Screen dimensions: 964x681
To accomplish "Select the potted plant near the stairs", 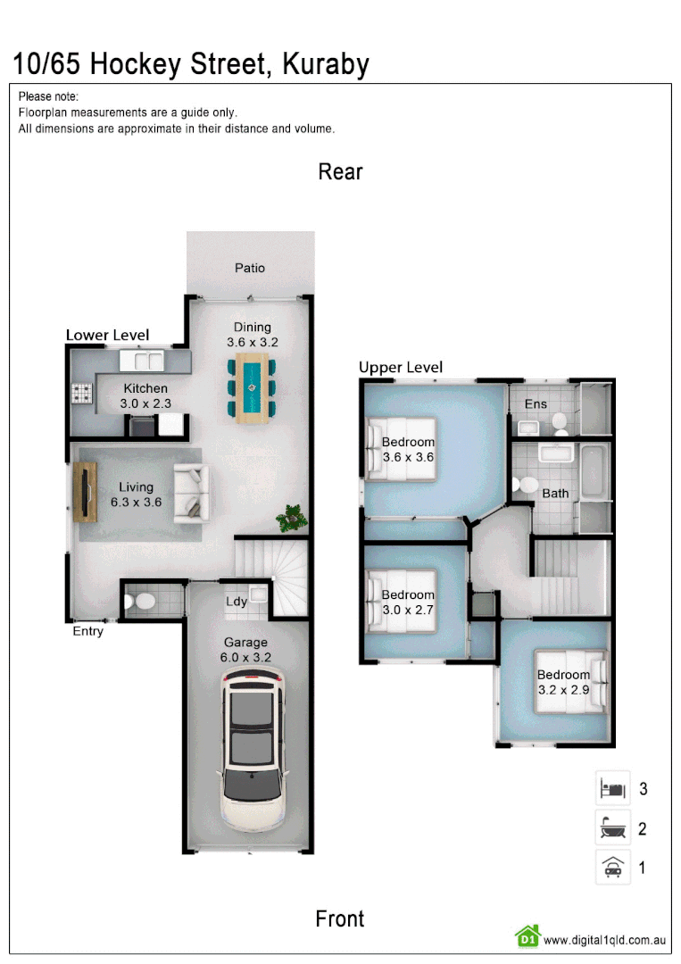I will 291,517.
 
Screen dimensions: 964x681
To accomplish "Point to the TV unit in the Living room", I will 86,492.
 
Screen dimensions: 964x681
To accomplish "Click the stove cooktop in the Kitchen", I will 82,392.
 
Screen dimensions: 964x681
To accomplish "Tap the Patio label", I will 250,268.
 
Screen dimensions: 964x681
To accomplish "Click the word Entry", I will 87,632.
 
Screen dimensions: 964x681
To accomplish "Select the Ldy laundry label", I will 237,602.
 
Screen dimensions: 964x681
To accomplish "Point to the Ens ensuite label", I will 536,404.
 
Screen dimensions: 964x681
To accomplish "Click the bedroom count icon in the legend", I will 612,789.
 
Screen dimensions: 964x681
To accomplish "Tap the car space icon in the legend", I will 612,867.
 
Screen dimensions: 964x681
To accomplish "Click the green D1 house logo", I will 527,936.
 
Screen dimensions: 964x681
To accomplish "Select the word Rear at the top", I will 340,171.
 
